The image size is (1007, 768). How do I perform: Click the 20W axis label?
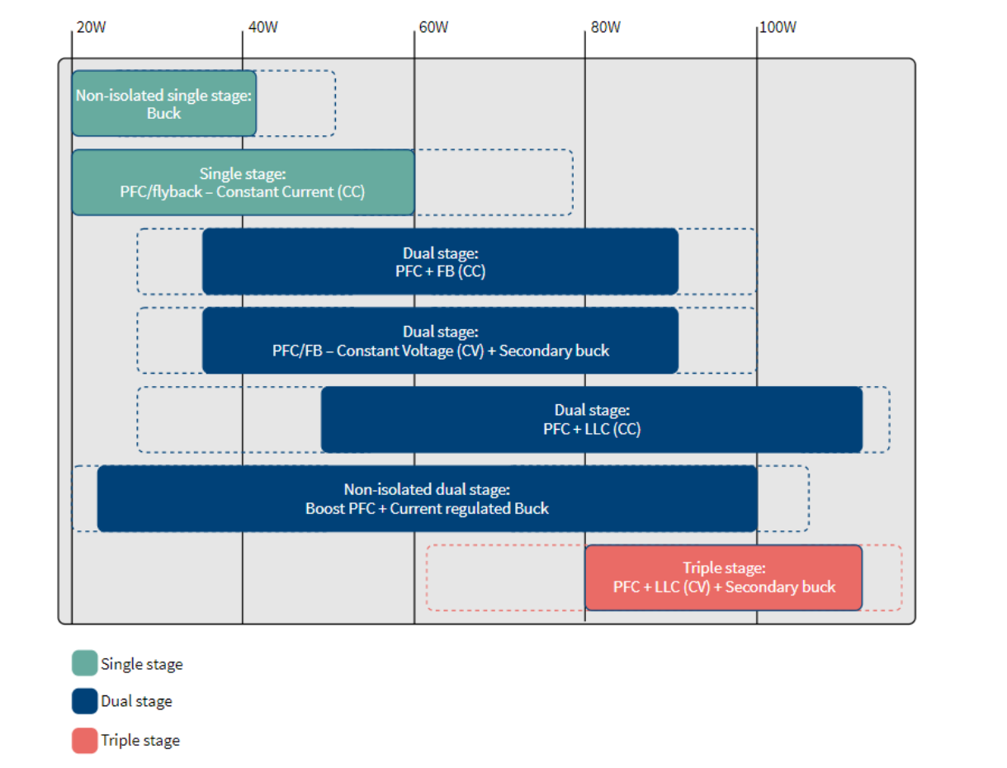click(x=91, y=27)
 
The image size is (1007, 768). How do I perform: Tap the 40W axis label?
click(x=262, y=27)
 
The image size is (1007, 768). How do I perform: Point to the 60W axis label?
click(x=433, y=27)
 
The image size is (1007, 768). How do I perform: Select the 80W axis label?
click(x=606, y=27)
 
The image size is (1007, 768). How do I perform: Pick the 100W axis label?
click(x=778, y=27)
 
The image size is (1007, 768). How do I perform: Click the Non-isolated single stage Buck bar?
click(x=164, y=104)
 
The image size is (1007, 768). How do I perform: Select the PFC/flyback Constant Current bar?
click(x=243, y=182)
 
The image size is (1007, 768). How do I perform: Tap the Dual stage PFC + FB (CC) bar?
click(x=441, y=261)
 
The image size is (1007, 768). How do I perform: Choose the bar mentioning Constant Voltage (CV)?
click(x=441, y=341)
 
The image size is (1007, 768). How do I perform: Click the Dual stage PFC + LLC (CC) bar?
click(x=592, y=420)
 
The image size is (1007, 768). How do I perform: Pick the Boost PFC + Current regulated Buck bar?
click(x=427, y=499)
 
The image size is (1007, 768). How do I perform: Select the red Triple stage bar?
click(x=724, y=577)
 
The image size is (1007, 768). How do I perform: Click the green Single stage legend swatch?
click(x=85, y=663)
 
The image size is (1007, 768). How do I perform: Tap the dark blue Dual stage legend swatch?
click(x=85, y=701)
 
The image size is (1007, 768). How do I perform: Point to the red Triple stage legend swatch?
click(x=85, y=741)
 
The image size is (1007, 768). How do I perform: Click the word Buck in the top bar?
click(x=163, y=114)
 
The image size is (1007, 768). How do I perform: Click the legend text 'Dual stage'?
click(x=137, y=701)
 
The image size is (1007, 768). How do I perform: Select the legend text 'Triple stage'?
click(x=140, y=741)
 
